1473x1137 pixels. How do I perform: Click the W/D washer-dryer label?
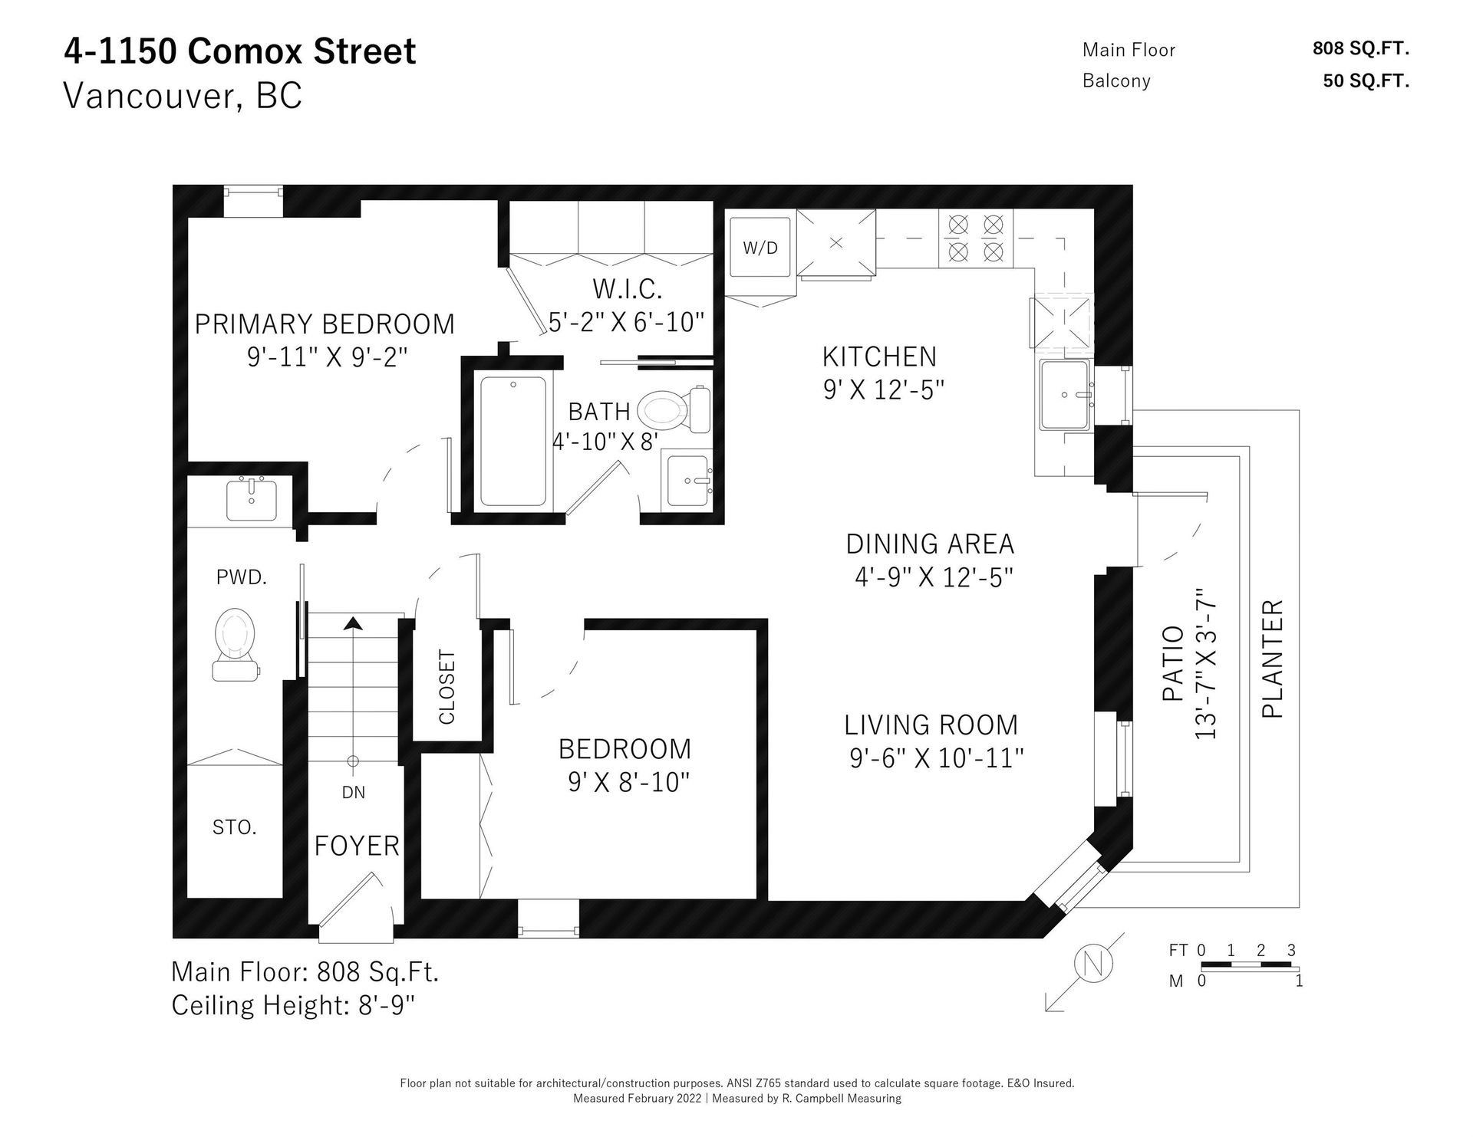pos(760,248)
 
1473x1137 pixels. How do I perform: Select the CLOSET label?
pos(447,687)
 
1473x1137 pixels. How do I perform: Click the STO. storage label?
pos(234,827)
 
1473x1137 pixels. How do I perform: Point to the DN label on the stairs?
pos(354,793)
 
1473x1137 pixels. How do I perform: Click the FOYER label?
pos(357,846)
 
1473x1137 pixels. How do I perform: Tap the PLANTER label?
pos(1273,659)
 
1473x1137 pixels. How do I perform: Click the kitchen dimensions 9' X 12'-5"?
pos(883,390)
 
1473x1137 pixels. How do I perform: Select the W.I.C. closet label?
pos(627,289)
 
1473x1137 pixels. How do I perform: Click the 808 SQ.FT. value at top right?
pos(1361,48)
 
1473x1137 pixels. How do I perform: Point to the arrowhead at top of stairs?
pos(353,623)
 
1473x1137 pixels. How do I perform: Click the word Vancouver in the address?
pos(144,97)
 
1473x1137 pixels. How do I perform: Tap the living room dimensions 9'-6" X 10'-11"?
pos(936,758)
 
